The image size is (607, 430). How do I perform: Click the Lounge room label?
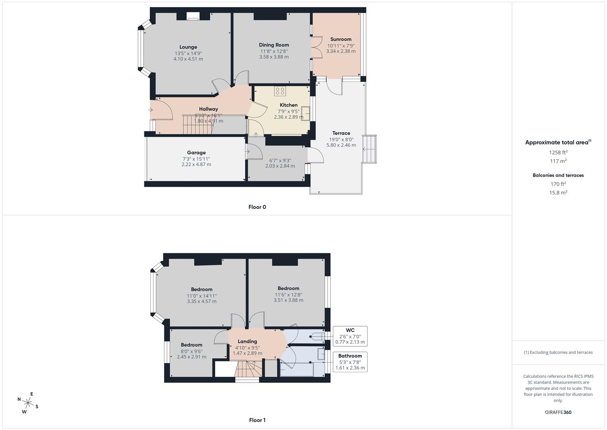point(188,47)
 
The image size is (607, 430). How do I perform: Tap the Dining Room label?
point(274,45)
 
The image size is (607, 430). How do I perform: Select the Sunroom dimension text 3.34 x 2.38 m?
point(341,51)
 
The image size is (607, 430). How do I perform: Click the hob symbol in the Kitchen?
point(279,91)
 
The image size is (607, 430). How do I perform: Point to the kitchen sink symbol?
point(305,113)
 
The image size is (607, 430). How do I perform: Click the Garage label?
point(196,152)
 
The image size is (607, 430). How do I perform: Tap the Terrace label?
point(341,133)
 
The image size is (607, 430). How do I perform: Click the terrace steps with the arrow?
point(369,149)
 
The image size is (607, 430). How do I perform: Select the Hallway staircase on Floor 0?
point(198,125)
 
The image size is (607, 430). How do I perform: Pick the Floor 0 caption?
point(257,207)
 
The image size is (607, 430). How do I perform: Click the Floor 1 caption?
point(257,420)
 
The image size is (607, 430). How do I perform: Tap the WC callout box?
point(350,336)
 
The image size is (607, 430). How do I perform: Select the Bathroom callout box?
point(350,362)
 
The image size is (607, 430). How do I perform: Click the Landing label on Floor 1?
point(247,341)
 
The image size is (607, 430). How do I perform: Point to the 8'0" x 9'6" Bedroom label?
point(192,345)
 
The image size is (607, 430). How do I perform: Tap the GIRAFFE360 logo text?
point(558,412)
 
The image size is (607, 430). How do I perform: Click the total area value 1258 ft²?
point(558,152)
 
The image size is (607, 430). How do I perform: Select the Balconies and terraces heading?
point(558,175)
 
